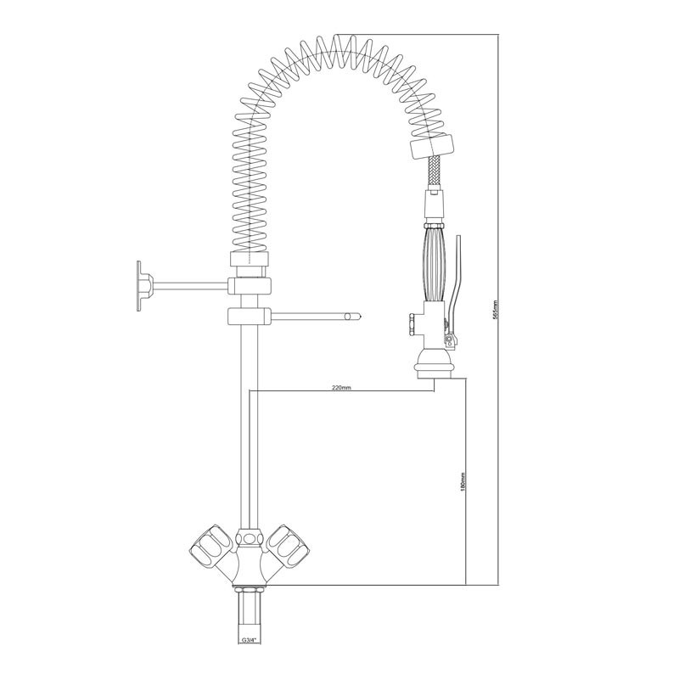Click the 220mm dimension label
[x=341, y=388]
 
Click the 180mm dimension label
[x=462, y=481]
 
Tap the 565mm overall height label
[x=496, y=310]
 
